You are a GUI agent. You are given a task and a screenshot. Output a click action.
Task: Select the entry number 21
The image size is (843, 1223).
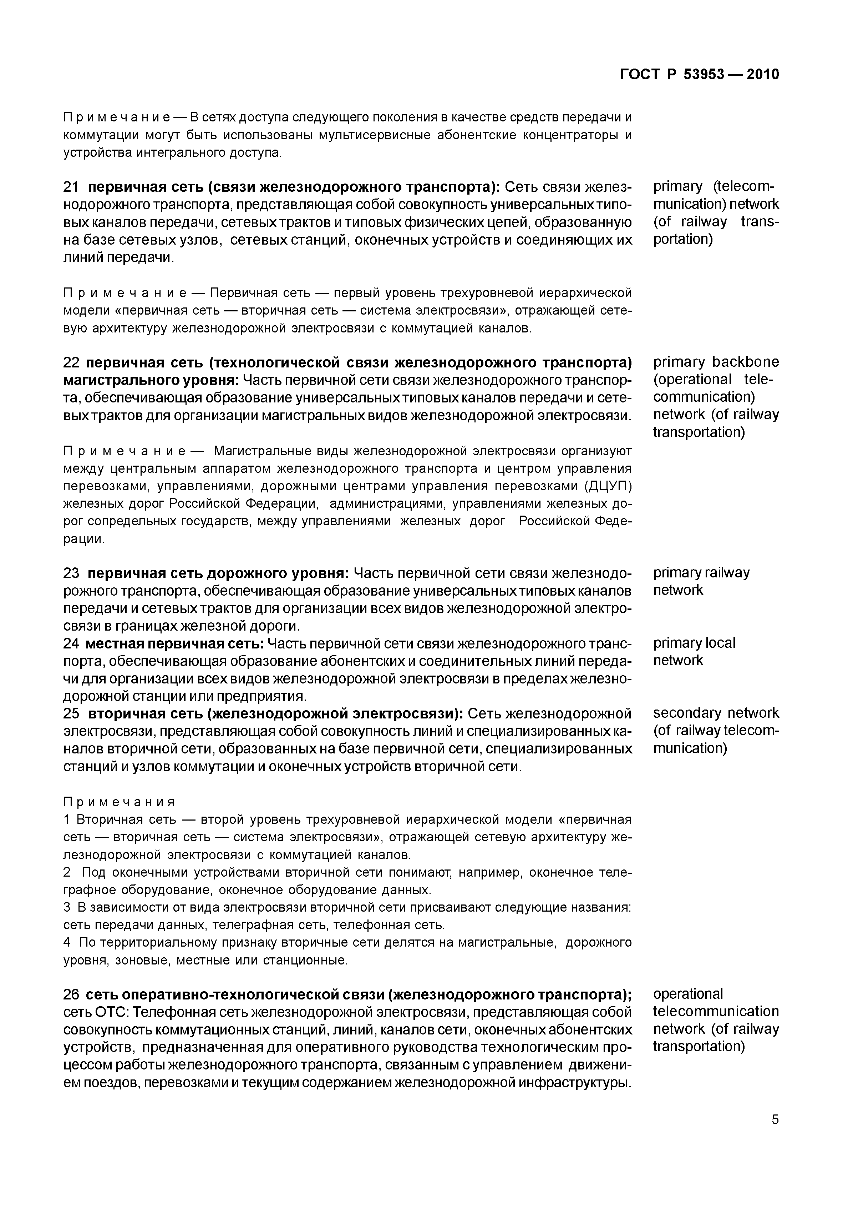[x=71, y=187]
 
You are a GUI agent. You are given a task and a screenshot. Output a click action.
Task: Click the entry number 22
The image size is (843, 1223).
[x=71, y=362]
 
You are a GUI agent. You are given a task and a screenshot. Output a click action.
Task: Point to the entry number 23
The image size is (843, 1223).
[x=71, y=573]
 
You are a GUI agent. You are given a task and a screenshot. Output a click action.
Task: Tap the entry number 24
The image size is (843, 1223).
[x=71, y=644]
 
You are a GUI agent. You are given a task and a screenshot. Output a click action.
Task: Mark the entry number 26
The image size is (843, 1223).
[x=71, y=995]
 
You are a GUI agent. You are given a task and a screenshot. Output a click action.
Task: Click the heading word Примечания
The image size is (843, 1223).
[x=119, y=802]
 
